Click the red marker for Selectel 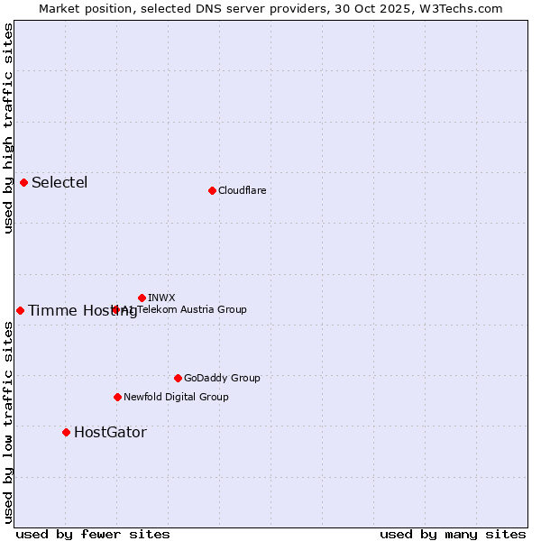tap(24, 182)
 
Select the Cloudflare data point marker tap(212, 190)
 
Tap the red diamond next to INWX tap(142, 298)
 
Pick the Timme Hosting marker tap(20, 310)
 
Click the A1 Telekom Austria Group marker tap(115, 309)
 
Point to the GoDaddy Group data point tap(178, 378)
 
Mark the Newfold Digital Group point tap(117, 397)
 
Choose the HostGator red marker tap(66, 432)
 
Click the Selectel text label tap(60, 183)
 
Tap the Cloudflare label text tap(242, 190)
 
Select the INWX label tap(161, 298)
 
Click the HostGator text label tap(110, 433)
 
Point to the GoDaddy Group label tap(222, 378)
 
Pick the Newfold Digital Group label tap(176, 397)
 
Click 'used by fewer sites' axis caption tap(93, 534)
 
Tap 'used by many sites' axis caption tap(453, 534)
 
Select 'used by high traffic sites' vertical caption tap(8, 128)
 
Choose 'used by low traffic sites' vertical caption tap(8, 422)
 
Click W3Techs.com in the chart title tap(463, 8)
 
